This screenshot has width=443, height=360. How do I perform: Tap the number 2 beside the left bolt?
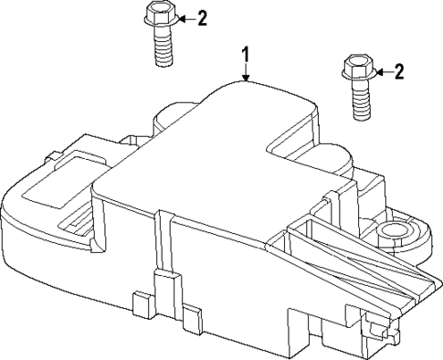pos(202,18)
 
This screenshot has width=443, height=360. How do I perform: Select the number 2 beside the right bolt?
pos(397,71)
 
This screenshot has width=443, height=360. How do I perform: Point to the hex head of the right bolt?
pos(354,68)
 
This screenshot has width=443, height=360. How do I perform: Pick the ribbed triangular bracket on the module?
pos(352,260)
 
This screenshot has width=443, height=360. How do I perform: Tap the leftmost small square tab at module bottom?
pos(140,303)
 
